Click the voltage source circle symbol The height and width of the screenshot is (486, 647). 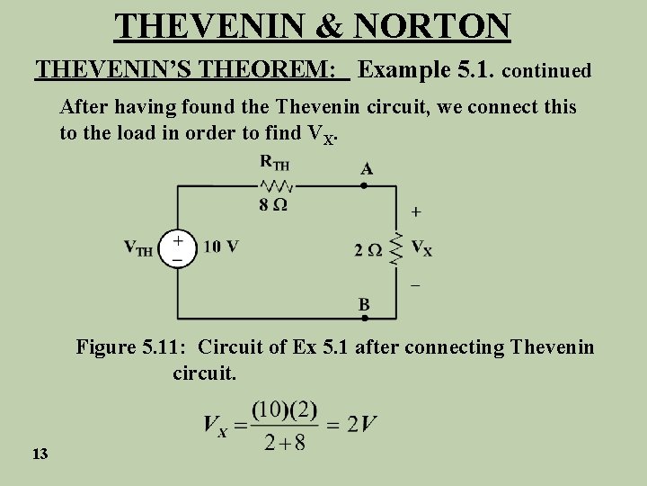177,247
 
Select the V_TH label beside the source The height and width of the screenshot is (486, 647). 138,248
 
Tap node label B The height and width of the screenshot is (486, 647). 364,305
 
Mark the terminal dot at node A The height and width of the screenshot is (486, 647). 364,186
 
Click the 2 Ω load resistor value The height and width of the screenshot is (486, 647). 368,250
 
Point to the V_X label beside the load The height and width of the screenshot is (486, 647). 421,248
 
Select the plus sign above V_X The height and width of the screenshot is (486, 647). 414,212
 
